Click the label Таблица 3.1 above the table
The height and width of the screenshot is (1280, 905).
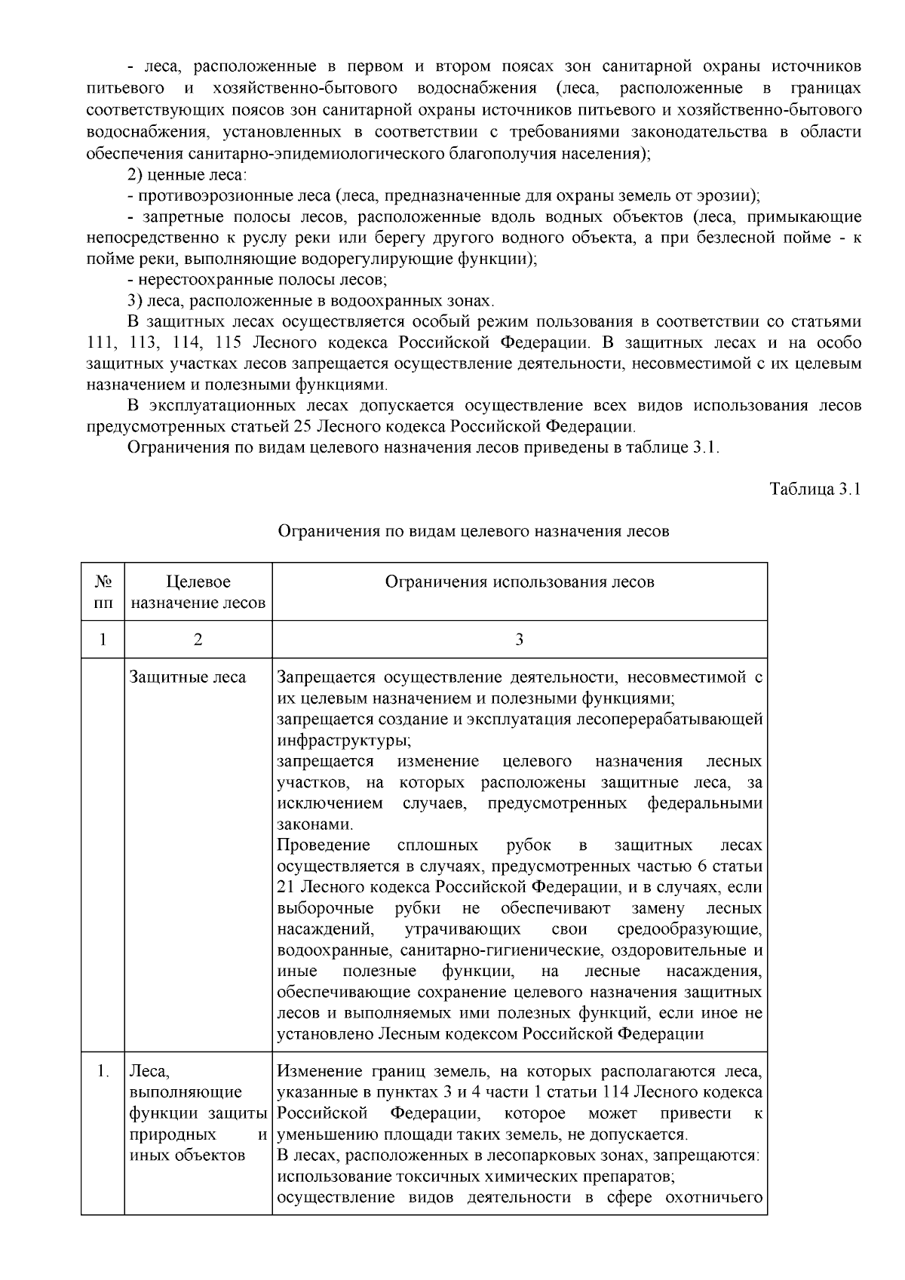pos(814,489)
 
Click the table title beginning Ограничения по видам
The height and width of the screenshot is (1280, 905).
pos(474,531)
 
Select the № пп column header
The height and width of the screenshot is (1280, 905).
pos(103,592)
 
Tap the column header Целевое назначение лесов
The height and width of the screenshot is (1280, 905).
pos(198,592)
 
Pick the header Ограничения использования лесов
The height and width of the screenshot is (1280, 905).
pos(519,582)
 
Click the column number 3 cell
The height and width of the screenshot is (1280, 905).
pos(519,640)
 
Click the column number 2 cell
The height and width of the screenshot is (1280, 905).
pos(198,640)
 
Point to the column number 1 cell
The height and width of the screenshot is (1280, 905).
pos(103,640)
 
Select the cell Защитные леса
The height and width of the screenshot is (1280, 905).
pos(188,677)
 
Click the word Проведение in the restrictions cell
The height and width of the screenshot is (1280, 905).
pos(324,845)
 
